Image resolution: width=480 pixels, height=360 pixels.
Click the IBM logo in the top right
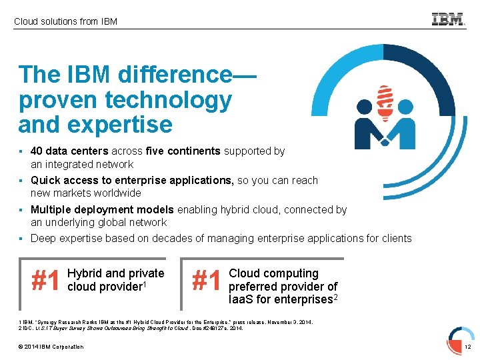[x=448, y=19]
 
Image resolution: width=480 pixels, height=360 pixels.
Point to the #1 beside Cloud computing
[x=207, y=281]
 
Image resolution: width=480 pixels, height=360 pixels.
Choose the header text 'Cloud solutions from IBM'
[x=65, y=21]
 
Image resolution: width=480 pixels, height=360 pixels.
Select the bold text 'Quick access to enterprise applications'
[x=131, y=180]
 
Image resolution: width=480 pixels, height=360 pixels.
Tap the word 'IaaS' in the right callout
[x=242, y=300]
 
